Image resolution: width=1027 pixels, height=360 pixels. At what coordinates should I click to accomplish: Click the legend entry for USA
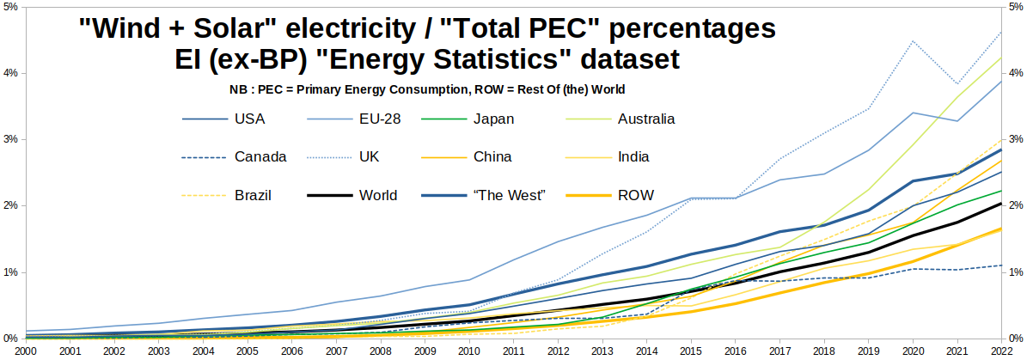coord(250,119)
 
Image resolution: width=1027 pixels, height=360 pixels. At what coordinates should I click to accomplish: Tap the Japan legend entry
coord(493,119)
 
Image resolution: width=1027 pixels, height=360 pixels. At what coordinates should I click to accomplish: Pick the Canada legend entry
coord(260,156)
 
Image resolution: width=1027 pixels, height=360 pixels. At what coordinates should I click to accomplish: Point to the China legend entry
coord(492,156)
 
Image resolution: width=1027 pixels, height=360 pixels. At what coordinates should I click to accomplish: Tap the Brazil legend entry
coord(253,195)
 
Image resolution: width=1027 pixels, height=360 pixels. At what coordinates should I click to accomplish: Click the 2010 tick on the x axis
coord(468,351)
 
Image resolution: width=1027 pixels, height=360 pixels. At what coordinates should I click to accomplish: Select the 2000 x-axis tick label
coord(25,351)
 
